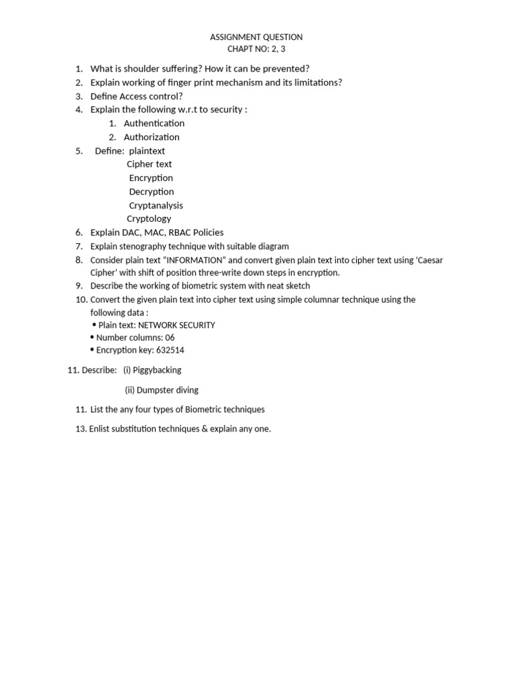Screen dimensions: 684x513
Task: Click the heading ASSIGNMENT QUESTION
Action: (x=256, y=37)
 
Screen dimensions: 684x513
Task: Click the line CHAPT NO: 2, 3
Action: (x=256, y=49)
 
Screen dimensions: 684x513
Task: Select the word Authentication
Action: (x=154, y=124)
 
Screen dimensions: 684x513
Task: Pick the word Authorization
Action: (x=152, y=138)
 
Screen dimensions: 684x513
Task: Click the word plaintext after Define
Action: (x=147, y=151)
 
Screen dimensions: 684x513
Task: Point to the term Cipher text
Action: (x=150, y=164)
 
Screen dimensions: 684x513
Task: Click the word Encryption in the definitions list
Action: (x=151, y=178)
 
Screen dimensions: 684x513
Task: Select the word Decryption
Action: (x=152, y=192)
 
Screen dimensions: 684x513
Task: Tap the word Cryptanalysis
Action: (x=156, y=206)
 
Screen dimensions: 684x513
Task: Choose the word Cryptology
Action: (x=149, y=219)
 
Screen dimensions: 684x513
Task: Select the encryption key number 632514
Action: (x=170, y=350)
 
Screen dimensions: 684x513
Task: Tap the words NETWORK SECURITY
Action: (x=176, y=325)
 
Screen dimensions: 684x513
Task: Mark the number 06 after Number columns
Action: (x=170, y=338)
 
